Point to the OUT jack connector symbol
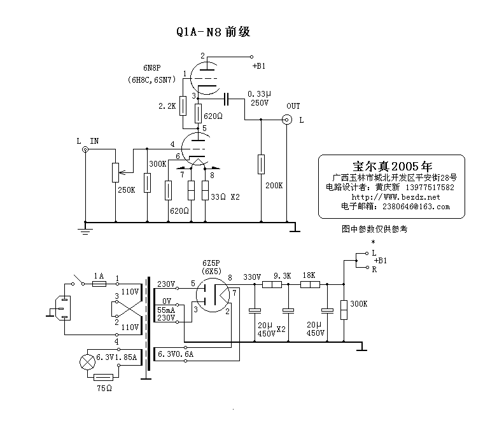pyautogui.click(x=288, y=119)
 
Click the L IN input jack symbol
pyautogui.click(x=85, y=150)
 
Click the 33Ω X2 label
pyautogui.click(x=225, y=197)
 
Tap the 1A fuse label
pyautogui.click(x=99, y=275)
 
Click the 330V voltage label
pyautogui.click(x=253, y=276)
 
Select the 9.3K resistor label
pyautogui.click(x=282, y=276)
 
